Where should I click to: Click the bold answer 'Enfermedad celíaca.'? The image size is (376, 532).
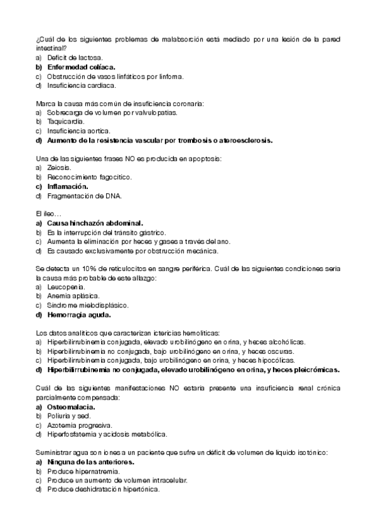click(x=80, y=66)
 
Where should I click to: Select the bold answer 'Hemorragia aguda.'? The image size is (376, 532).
click(x=78, y=315)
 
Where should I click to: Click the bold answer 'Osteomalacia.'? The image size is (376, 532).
click(x=72, y=407)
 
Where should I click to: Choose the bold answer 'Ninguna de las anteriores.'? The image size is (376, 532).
click(x=90, y=462)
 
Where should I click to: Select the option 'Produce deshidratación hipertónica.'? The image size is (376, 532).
click(x=104, y=490)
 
